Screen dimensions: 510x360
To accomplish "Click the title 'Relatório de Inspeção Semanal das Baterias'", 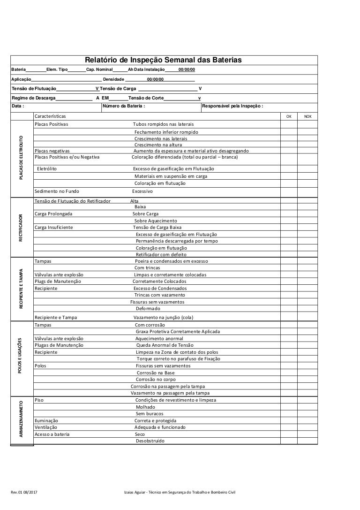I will [163, 61].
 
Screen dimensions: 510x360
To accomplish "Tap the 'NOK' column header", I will [307, 116].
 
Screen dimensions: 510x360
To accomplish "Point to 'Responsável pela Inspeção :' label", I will [232, 106].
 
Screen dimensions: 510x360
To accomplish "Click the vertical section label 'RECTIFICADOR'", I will [21, 228].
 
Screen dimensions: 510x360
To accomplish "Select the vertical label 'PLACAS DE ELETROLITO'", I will [21, 157].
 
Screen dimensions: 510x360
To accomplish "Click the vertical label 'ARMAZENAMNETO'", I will [21, 419].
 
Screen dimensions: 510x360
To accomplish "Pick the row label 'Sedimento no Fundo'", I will [57, 191].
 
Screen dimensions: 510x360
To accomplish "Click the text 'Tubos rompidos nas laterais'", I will [163, 124].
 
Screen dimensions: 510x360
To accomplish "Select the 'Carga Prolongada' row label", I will [53, 214].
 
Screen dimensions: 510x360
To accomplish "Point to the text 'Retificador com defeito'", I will [161, 254].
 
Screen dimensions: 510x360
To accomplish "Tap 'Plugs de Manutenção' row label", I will [58, 282].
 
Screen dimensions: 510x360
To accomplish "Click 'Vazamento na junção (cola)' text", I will [163, 318].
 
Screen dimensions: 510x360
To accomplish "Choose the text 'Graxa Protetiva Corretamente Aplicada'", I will [177, 332].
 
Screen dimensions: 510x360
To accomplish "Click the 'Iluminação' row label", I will [46, 421].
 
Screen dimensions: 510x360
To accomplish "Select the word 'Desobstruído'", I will [150, 441].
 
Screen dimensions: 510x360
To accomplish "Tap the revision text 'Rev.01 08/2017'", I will [26, 492].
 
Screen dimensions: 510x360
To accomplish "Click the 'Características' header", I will [50, 116].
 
